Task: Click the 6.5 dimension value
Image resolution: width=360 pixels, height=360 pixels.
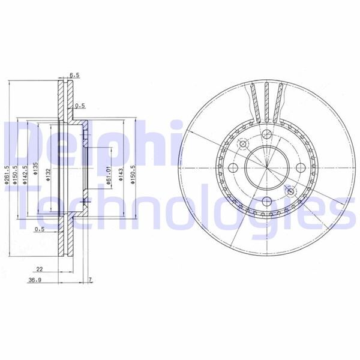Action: tap(74, 75)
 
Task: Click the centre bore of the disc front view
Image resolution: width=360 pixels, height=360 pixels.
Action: tap(265, 168)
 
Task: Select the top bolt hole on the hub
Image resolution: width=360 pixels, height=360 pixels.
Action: tap(265, 136)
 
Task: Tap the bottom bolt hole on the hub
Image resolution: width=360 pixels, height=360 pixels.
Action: tap(265, 201)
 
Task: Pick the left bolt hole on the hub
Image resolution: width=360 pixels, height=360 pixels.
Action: tap(232, 168)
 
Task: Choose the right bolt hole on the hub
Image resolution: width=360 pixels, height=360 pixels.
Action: tap(298, 168)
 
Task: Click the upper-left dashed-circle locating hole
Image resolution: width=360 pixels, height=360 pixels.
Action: tap(243, 144)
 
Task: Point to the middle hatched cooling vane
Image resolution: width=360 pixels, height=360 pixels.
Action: tap(265, 99)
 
